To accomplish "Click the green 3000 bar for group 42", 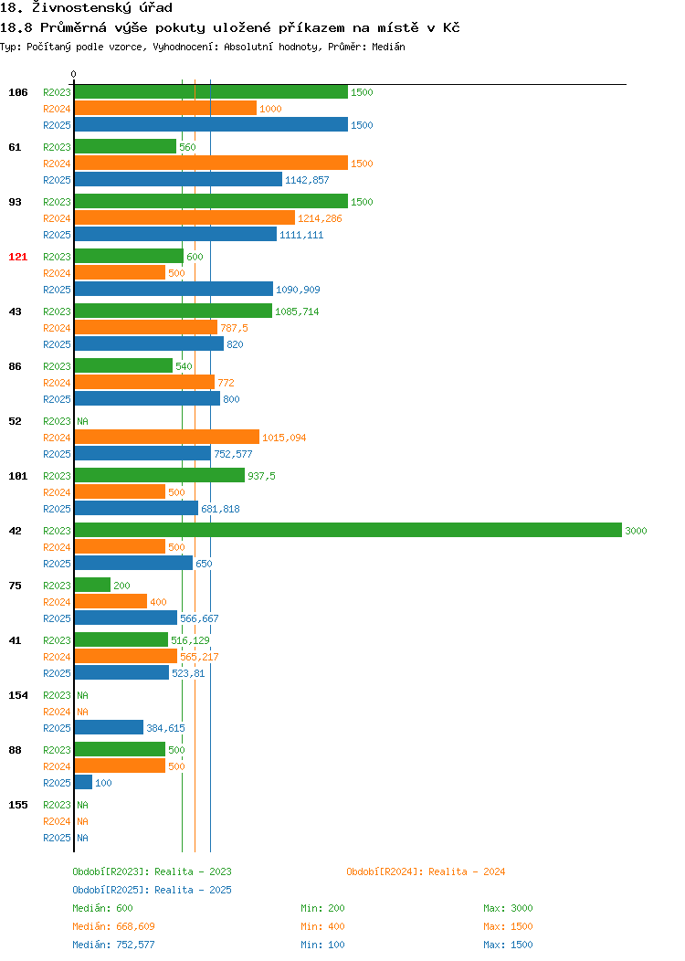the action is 348,530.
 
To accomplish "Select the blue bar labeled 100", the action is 83,782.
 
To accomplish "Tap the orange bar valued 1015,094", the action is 166,437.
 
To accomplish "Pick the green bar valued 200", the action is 92,585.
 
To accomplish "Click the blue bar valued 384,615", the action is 109,727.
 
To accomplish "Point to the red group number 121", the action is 17,257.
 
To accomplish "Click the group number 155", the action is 17,805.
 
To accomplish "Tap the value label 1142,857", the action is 307,180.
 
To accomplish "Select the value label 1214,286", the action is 320,218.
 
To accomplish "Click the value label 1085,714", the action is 297,312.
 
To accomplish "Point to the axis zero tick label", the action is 74,75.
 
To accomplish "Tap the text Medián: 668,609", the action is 113,926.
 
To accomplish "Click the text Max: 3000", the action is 508,908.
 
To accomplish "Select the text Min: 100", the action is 323,945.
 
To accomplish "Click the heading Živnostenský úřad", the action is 102,8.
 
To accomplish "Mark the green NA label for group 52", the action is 83,421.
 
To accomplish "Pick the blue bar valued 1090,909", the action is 174,289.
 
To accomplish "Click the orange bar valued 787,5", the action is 146,327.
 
